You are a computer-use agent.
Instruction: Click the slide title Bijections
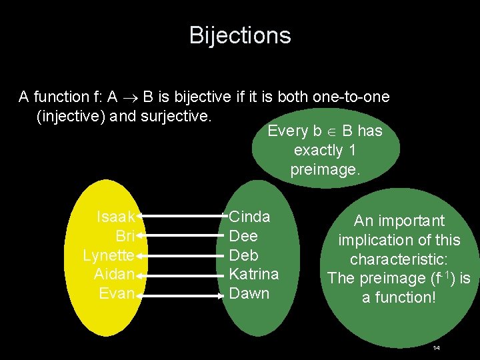click(240, 35)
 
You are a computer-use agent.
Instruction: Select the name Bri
click(125, 236)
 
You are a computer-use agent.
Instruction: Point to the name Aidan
click(115, 274)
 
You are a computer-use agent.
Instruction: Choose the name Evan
click(117, 293)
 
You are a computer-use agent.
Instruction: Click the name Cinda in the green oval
click(249, 217)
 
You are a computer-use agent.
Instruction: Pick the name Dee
click(243, 236)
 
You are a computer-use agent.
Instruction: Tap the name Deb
click(243, 255)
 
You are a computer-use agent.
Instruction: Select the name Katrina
click(253, 274)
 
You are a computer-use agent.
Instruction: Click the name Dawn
click(249, 293)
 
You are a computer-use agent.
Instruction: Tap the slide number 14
click(436, 348)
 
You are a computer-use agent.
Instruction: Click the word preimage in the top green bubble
click(325, 170)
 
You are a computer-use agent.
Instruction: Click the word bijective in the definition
click(201, 97)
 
